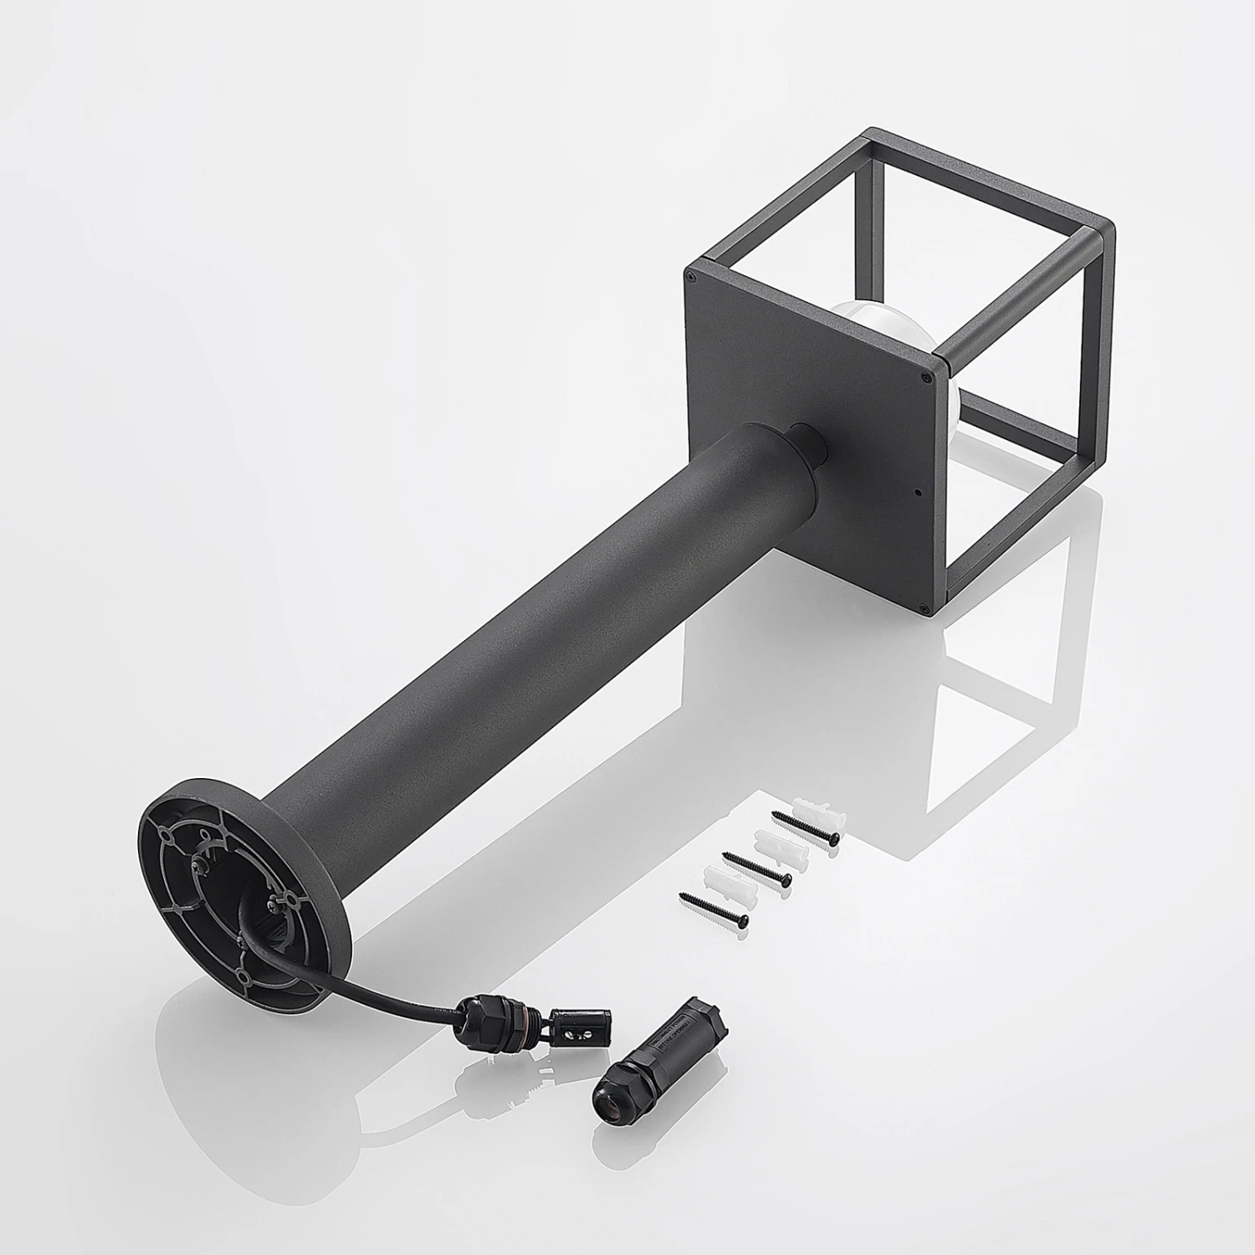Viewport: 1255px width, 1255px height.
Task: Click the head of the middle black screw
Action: (x=786, y=878)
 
